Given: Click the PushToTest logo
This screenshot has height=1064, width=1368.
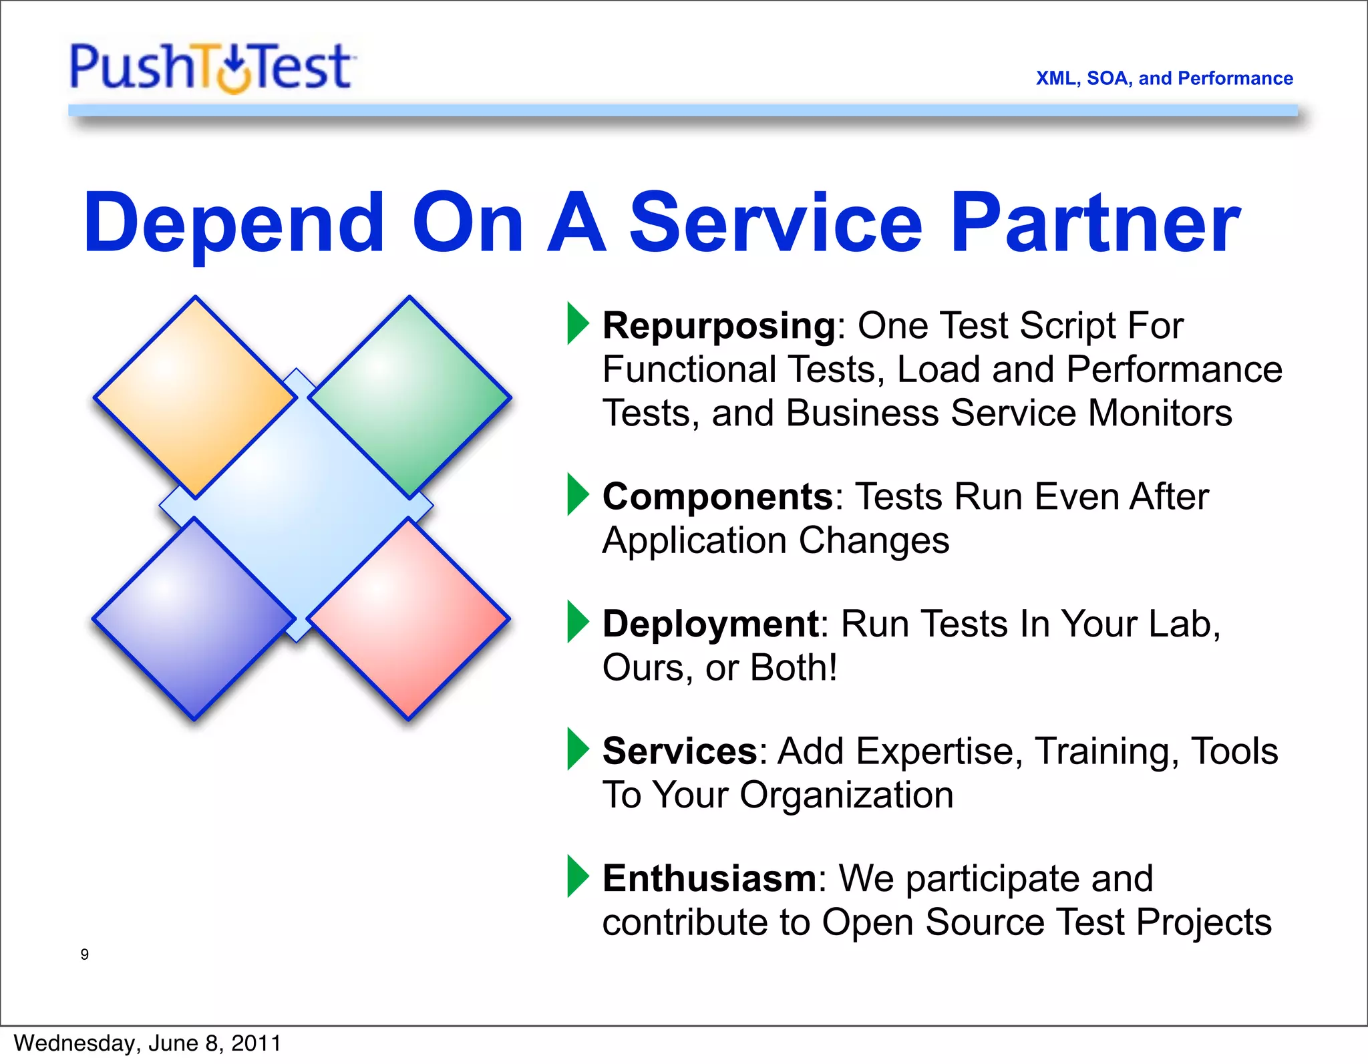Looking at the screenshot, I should (x=212, y=67).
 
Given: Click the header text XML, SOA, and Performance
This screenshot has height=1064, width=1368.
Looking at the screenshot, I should (x=1164, y=78).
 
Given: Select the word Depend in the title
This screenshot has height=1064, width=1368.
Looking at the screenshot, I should (x=234, y=224).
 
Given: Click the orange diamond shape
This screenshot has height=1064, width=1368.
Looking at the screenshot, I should (x=195, y=397).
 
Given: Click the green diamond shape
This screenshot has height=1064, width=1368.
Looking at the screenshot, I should (x=409, y=397).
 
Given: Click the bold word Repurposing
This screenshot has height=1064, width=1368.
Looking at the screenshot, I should (x=719, y=327).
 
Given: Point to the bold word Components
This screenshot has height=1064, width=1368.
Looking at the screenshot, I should (x=717, y=496).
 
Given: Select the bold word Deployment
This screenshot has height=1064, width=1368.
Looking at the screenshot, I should (x=711, y=624).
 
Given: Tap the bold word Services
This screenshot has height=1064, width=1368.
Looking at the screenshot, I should (x=679, y=751).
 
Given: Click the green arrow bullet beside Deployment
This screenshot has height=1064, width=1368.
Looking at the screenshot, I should (x=577, y=622).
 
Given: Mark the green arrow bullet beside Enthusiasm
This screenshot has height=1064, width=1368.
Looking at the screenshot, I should (x=577, y=876).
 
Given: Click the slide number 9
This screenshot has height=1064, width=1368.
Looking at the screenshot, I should (x=85, y=954).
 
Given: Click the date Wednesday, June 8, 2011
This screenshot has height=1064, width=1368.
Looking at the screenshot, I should (x=147, y=1043).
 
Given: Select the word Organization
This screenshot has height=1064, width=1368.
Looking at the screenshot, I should (x=846, y=795).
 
